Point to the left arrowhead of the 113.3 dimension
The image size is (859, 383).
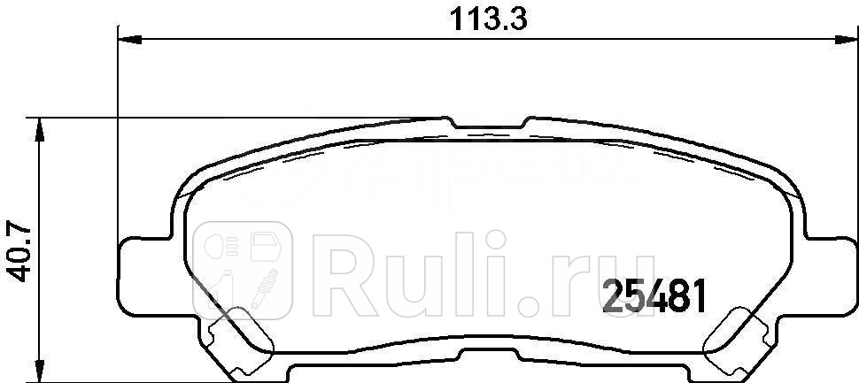[129, 38]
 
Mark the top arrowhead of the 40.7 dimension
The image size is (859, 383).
[38, 128]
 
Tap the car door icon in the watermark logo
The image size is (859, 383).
[265, 248]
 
